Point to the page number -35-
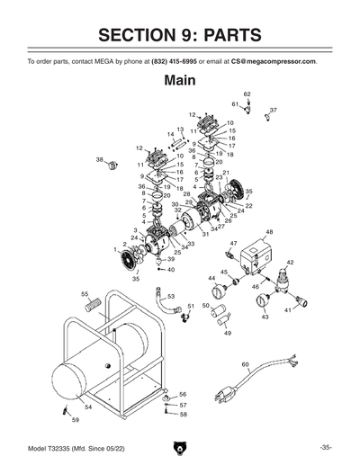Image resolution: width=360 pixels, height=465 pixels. pyautogui.click(x=325, y=447)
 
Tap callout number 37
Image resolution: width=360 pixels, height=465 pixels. pyautogui.click(x=274, y=110)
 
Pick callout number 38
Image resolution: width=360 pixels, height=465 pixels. pyautogui.click(x=100, y=159)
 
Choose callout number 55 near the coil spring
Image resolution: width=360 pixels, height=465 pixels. pyautogui.click(x=85, y=294)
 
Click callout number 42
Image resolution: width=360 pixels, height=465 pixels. pyautogui.click(x=290, y=262)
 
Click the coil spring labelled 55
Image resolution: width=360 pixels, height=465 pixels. pyautogui.click(x=91, y=305)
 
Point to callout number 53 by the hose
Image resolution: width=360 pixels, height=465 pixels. pyautogui.click(x=171, y=295)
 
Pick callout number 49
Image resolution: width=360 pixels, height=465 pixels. pyautogui.click(x=228, y=333)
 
